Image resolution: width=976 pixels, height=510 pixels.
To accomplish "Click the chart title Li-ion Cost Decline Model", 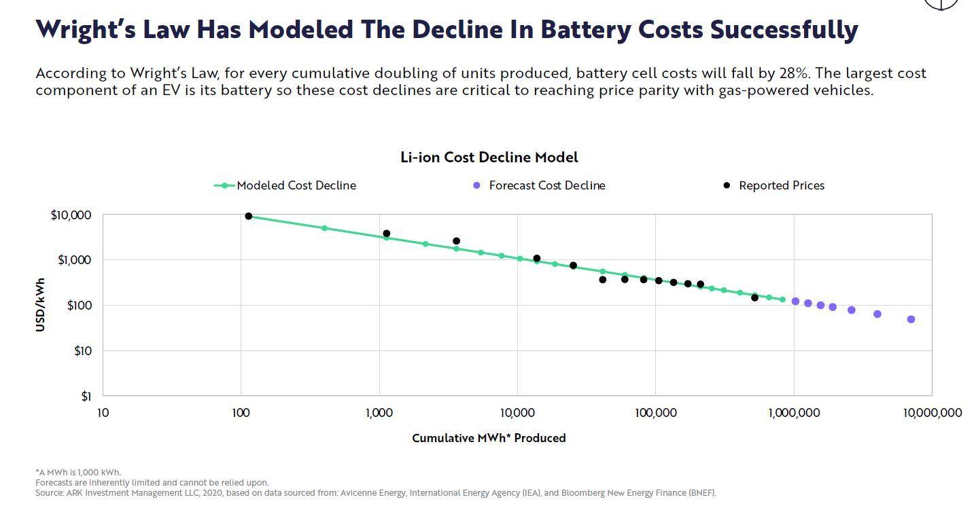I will [489, 158].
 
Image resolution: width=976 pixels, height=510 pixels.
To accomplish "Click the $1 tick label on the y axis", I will [86, 396].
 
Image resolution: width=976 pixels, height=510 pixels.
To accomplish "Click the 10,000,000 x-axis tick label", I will [932, 413].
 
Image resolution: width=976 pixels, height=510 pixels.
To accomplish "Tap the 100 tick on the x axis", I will [241, 413].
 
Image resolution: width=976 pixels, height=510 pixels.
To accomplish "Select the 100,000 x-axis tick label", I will [655, 413].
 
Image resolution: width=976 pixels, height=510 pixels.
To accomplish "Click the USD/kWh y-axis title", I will [41, 305].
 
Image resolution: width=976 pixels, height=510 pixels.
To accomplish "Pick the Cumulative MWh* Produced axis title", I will [489, 438].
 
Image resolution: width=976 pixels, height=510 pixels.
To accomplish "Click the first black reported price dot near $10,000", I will [249, 216].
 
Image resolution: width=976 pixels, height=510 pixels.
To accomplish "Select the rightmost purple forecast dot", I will [911, 319].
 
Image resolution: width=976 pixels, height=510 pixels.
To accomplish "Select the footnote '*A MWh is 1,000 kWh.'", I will [78, 472].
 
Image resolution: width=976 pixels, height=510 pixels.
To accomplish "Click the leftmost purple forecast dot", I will [795, 301].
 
